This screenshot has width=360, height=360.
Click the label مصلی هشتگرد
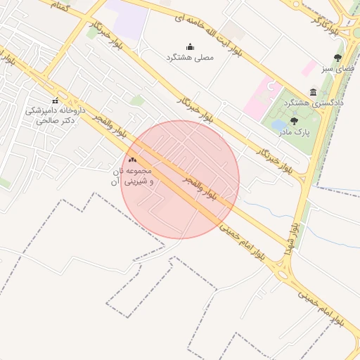(190, 57)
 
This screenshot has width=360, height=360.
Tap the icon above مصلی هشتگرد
(190, 46)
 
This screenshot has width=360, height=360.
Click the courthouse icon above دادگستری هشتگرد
(313, 93)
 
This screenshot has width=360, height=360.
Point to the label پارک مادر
(300, 131)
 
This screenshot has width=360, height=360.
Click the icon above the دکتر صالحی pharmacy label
(56, 101)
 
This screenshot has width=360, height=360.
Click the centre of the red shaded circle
(180, 180)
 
